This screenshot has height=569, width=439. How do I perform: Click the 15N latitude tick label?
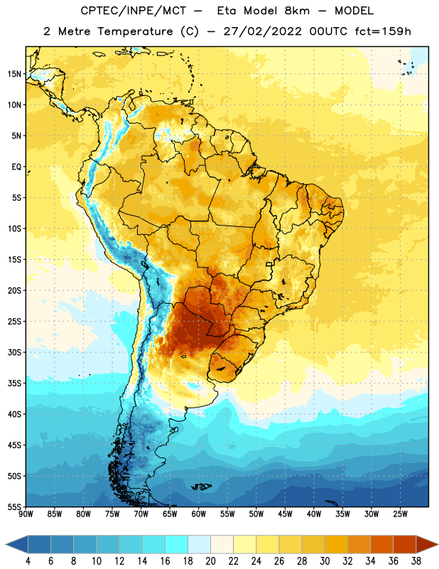14,74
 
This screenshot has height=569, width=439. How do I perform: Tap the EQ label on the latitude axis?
16,167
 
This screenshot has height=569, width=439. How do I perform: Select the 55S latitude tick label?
14,506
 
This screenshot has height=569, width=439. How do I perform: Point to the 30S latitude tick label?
14,352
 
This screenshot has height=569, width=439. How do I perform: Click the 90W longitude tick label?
26,514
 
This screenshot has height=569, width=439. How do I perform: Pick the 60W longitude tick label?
199,514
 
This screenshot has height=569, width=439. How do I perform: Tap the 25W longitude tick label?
400,514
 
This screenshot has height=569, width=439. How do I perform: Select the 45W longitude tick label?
285,514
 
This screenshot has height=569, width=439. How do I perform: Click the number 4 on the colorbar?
28,561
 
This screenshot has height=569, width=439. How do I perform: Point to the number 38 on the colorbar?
416,561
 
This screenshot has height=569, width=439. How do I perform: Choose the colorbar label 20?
210,561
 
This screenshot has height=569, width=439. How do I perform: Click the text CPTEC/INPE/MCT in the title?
134,11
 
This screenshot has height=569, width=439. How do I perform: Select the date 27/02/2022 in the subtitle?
262,31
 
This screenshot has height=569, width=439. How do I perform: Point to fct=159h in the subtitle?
383,31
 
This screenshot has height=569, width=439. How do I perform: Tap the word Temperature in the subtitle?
135,32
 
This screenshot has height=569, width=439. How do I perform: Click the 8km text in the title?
297,11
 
